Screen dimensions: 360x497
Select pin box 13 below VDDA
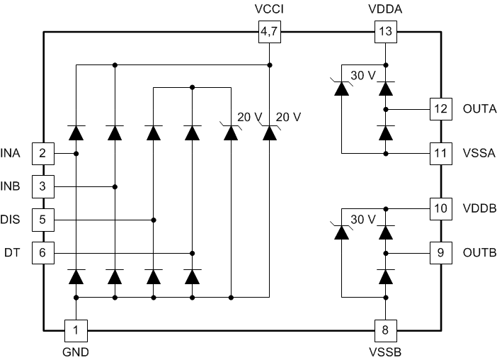[x=384, y=31]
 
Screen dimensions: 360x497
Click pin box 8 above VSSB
[x=385, y=330]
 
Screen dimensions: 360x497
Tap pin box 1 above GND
[x=75, y=330]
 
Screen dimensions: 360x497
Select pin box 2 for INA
[x=43, y=153]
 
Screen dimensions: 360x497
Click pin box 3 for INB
[x=43, y=187]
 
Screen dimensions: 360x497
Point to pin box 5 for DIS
[x=43, y=220]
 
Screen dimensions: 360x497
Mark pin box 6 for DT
[x=43, y=253]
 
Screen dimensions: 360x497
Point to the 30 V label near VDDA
[x=362, y=76]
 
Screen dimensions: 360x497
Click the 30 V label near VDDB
[x=362, y=220]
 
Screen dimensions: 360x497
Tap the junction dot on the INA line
[x=75, y=153]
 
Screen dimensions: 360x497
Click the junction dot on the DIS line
[x=153, y=220]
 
